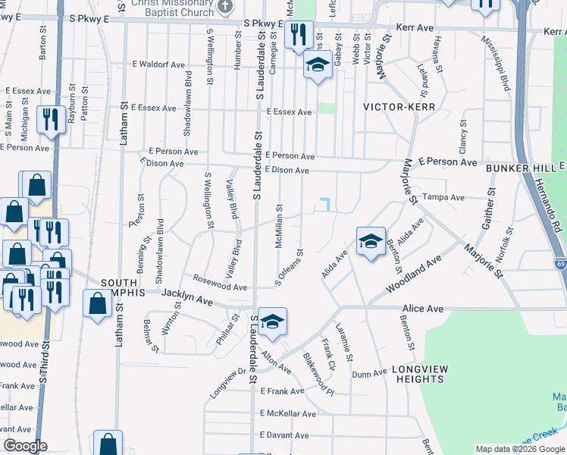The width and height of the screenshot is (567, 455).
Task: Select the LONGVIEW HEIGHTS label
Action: (418, 374)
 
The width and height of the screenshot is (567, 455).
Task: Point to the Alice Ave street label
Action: (423, 309)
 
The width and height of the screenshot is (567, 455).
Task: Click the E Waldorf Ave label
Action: (158, 65)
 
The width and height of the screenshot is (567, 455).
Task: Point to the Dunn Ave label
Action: (370, 374)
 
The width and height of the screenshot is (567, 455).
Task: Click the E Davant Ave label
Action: (284, 435)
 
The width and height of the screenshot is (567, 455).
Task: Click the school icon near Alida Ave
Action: (371, 241)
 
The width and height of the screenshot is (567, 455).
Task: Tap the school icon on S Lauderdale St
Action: (272, 321)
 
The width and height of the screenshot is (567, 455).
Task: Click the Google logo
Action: (26, 446)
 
